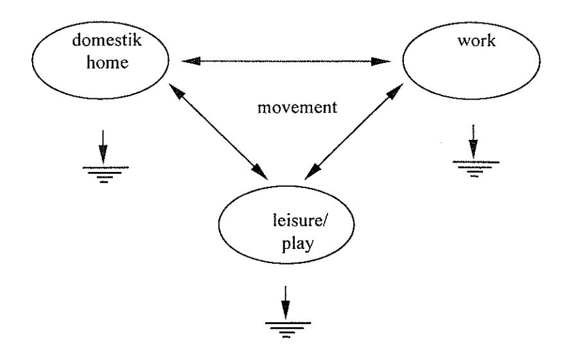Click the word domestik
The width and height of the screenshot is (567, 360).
pos(107,40)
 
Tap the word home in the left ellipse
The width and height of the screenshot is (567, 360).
pos(108,62)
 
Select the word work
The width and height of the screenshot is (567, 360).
pos(476,41)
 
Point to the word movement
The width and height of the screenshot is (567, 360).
pos(297,108)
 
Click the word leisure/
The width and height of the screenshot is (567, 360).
pos(299,221)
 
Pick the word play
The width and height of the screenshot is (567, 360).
pos(297,244)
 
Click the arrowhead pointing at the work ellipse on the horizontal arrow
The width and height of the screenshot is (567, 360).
pos(381,61)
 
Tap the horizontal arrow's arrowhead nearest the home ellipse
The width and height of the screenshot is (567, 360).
pos(191,61)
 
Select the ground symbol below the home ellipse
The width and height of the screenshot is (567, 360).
pos(105,174)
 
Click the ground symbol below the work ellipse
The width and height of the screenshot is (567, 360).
pos(476,169)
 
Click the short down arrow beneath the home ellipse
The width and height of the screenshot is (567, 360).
pos(103,147)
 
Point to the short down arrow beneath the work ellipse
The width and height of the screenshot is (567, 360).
pos(473,142)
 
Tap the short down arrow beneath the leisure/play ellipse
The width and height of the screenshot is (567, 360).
pos(286,302)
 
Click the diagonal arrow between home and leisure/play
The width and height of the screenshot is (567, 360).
pos(218,131)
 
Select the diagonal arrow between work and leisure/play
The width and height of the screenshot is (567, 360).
pos(354,132)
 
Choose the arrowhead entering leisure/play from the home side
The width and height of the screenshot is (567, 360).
pos(260,171)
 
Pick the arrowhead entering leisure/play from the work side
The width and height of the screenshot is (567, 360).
pos(313,172)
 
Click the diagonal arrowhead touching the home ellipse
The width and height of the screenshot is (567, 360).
pos(177,92)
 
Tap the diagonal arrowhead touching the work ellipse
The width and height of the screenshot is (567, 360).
pos(396,92)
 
